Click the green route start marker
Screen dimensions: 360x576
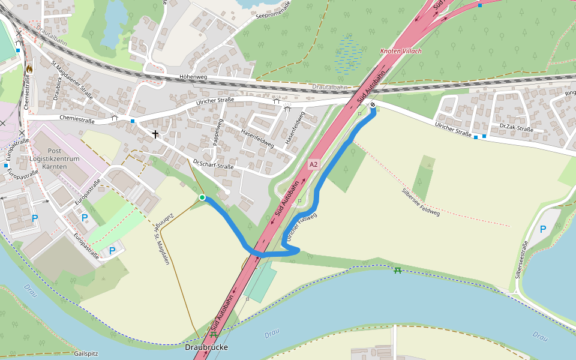(202, 197)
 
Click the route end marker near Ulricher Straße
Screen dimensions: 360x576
(373, 106)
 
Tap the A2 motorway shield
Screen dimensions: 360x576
(314, 164)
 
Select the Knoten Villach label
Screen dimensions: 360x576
(401, 51)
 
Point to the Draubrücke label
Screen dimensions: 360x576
(207, 347)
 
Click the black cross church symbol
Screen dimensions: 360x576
(155, 134)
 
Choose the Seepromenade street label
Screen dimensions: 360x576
(273, 10)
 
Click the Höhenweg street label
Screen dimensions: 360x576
(193, 77)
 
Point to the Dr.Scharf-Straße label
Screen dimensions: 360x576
(213, 163)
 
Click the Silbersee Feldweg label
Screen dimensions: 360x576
(421, 202)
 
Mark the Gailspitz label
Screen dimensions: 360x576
(86, 353)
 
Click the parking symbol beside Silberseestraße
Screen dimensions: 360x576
(543, 229)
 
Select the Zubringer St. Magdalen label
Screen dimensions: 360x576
(160, 239)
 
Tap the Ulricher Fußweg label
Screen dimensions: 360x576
(301, 227)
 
